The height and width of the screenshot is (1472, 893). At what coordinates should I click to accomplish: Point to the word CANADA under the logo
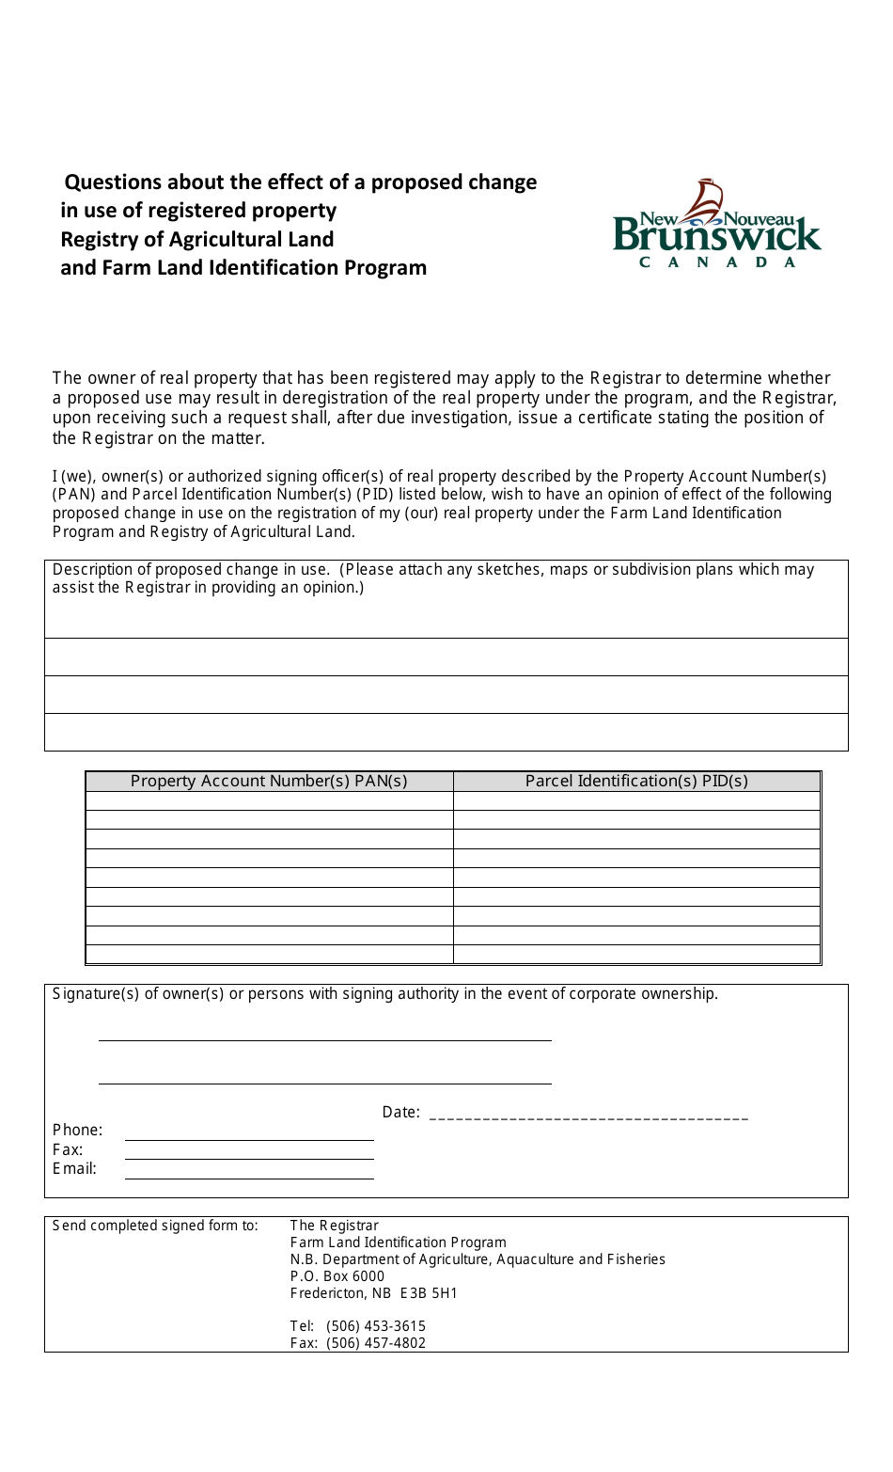(x=717, y=262)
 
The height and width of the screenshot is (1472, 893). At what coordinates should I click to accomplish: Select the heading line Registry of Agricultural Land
(x=197, y=240)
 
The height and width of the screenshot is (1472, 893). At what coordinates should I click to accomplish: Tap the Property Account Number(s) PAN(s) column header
(x=269, y=781)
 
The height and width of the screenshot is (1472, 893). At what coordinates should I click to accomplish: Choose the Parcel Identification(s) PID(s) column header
(x=636, y=781)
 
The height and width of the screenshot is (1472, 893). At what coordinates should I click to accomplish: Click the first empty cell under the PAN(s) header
(x=269, y=800)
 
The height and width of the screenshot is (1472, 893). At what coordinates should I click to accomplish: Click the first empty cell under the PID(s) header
(x=636, y=800)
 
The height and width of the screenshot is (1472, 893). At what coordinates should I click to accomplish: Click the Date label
(x=400, y=1113)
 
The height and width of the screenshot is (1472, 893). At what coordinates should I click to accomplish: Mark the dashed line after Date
(x=588, y=1117)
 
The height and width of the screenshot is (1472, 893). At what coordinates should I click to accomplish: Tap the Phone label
(x=77, y=1131)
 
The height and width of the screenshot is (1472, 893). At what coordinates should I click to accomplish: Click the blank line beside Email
(x=249, y=1177)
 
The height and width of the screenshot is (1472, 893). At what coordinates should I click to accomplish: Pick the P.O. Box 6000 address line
(x=337, y=1276)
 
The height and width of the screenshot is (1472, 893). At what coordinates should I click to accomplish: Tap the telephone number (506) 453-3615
(x=376, y=1326)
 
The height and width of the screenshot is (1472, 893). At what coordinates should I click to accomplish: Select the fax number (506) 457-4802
(x=376, y=1343)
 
